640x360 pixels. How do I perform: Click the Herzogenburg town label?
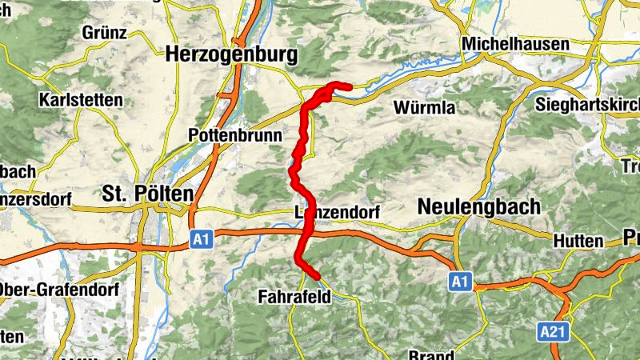(x=230, y=55)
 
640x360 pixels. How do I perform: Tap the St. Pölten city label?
(x=148, y=194)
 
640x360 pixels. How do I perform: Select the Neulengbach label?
(x=478, y=206)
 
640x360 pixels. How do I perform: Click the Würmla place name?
(x=424, y=107)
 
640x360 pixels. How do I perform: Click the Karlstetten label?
(x=80, y=101)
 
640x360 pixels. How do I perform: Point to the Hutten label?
(x=577, y=241)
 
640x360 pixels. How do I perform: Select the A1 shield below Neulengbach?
(x=458, y=282)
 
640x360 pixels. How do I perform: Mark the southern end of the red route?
(x=317, y=277)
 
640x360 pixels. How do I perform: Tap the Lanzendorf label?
(x=336, y=212)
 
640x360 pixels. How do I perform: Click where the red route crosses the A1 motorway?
(x=305, y=233)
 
